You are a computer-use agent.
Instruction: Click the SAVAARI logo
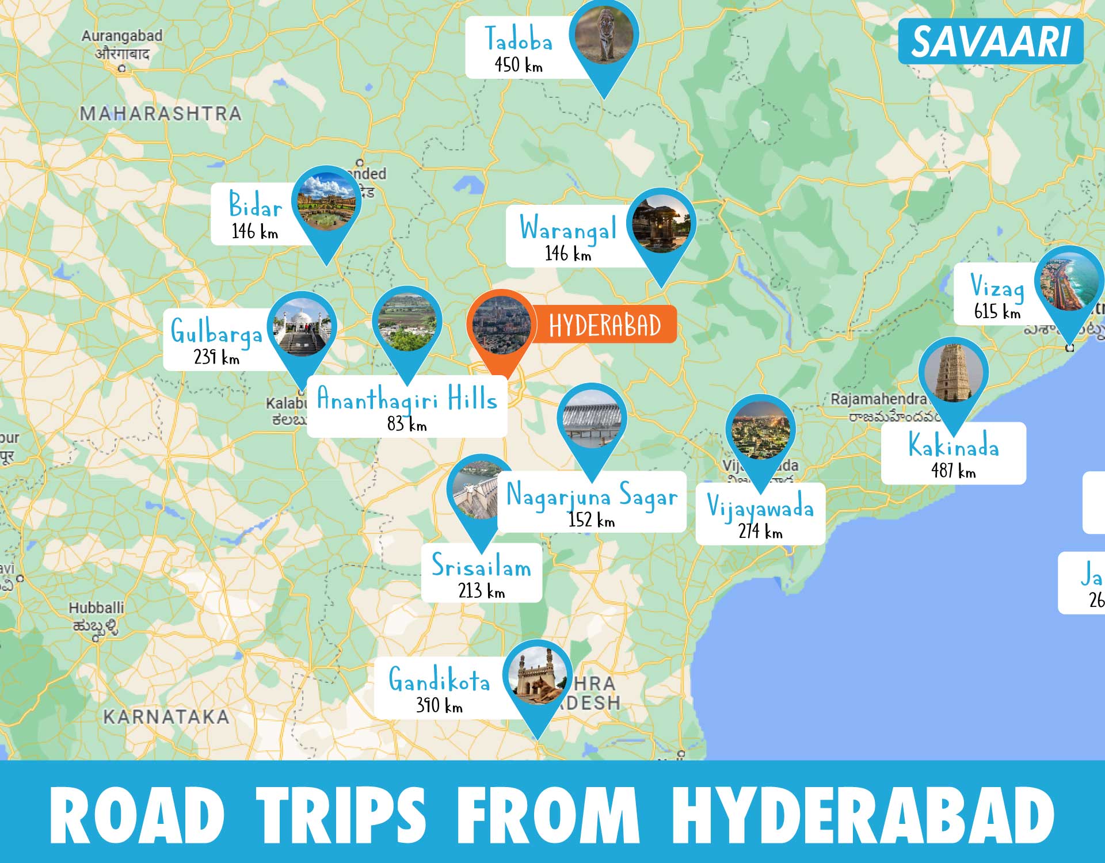tap(990, 42)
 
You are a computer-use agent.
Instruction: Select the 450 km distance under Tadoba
tap(518, 64)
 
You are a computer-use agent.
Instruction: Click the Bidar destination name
tap(256, 204)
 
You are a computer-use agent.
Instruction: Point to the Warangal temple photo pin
tap(661, 224)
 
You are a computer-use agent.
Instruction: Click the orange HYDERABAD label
tap(605, 326)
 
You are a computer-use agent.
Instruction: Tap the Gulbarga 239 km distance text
tap(216, 357)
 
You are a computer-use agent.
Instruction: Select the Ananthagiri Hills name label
tap(407, 399)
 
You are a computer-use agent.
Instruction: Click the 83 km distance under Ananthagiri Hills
tap(407, 425)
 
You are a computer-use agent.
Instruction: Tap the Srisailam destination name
tap(482, 566)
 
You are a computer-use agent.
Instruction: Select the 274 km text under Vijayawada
tap(760, 531)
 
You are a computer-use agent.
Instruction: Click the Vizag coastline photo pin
tap(1069, 282)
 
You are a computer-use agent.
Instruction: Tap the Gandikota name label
tap(439, 680)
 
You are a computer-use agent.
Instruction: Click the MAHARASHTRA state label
tap(161, 114)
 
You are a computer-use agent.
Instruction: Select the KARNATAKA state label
tap(166, 717)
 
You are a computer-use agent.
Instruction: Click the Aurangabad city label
tap(121, 36)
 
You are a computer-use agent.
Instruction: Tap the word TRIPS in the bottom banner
tap(341, 815)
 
